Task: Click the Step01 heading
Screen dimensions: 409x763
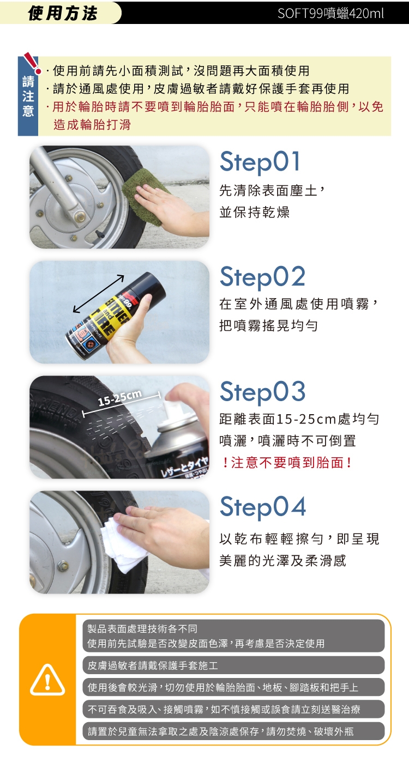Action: (260, 162)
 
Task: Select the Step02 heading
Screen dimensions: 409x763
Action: (262, 277)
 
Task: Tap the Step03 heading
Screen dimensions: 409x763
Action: (262, 392)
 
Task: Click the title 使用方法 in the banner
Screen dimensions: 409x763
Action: (62, 13)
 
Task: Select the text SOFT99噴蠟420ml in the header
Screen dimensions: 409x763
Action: (330, 14)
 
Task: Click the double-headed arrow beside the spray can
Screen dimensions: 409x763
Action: (98, 293)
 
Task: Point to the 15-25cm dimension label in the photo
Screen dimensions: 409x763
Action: (119, 397)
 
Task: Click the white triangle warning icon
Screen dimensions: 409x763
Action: (47, 680)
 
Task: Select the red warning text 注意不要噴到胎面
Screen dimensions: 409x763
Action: (287, 463)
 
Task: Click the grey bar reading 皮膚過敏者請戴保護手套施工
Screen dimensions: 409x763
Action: (233, 665)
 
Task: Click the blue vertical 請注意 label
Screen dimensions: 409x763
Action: (28, 96)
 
